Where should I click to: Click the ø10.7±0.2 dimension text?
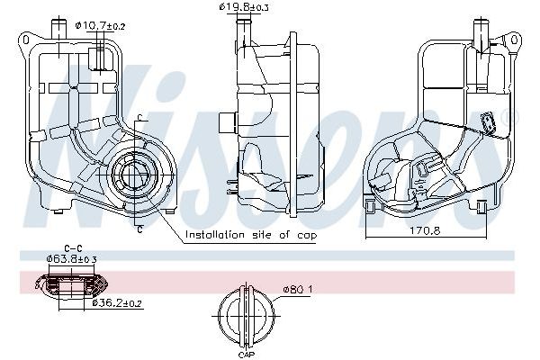pos(101,26)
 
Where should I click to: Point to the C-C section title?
pos(74,247)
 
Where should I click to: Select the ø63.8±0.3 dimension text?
pos(73,260)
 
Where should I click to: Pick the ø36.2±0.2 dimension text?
pos(118,303)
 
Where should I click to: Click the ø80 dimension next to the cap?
pos(297,290)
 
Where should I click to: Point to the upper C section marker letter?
pos(141,118)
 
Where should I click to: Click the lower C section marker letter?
pos(141,229)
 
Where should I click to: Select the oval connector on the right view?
pos(490,121)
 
